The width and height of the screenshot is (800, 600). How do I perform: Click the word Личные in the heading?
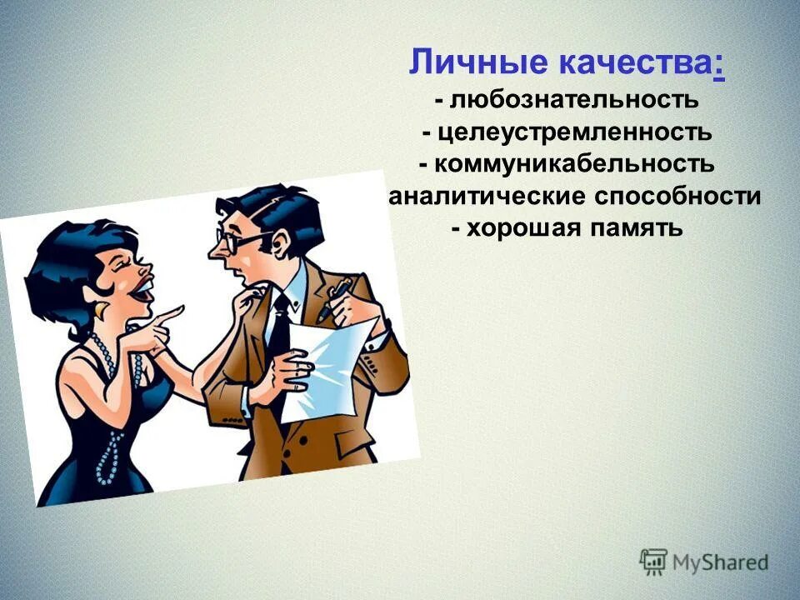tap(460, 63)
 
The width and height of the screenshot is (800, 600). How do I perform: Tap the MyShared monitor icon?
tap(654, 562)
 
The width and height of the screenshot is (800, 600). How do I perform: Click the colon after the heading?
tap(718, 65)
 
